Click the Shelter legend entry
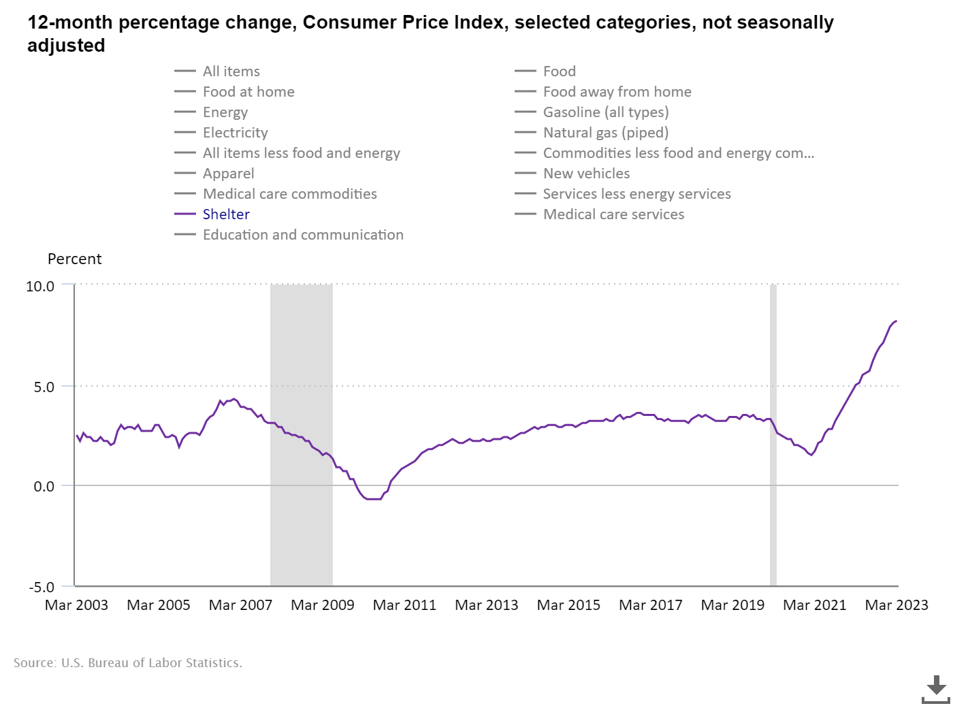(x=226, y=214)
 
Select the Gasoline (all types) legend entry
(x=605, y=112)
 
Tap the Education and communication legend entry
(x=303, y=235)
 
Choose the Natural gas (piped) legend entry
(x=605, y=133)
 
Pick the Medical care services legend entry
(x=613, y=214)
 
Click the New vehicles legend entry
(x=586, y=174)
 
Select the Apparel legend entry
(x=228, y=174)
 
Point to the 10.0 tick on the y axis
(x=40, y=287)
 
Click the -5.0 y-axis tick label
(x=42, y=587)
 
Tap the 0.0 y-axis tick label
(x=44, y=487)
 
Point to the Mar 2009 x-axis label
(x=323, y=605)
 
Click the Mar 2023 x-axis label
(x=897, y=605)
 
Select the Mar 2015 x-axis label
(x=568, y=605)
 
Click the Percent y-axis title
(x=74, y=259)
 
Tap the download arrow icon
(x=936, y=689)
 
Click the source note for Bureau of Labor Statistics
(x=128, y=663)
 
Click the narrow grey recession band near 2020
(x=773, y=436)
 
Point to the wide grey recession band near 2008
(x=302, y=436)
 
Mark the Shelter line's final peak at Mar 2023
(x=897, y=321)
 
